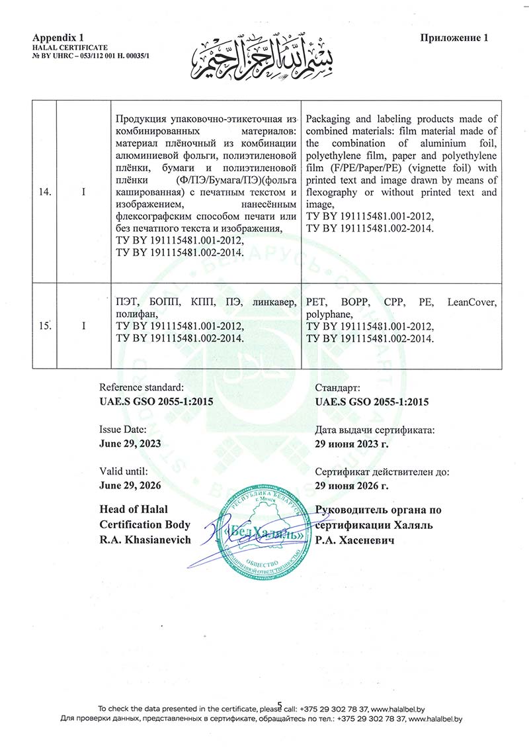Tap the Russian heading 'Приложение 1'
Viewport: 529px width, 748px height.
(454, 38)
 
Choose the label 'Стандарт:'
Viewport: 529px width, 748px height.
(338, 388)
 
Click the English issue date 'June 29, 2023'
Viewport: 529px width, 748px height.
(129, 444)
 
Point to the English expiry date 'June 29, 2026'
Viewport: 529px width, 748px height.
(129, 485)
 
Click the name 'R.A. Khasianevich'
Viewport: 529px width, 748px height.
(145, 540)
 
